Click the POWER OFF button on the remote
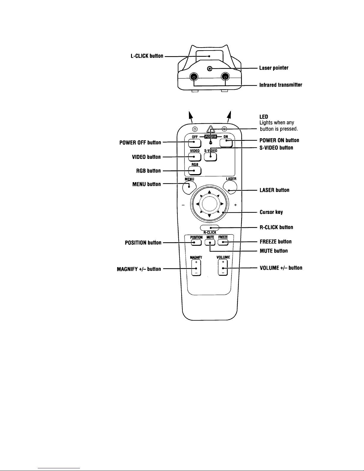(194, 142)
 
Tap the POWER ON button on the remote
(226, 142)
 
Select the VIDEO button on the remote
(194, 157)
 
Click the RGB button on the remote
(195, 171)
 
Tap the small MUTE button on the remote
(210, 242)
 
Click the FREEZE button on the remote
(223, 242)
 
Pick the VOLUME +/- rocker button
(223, 268)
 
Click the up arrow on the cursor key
(209, 192)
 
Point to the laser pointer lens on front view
(210, 69)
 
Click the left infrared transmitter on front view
(194, 78)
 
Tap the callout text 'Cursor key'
(271, 212)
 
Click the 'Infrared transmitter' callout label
(281, 85)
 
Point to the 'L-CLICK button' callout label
(147, 56)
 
